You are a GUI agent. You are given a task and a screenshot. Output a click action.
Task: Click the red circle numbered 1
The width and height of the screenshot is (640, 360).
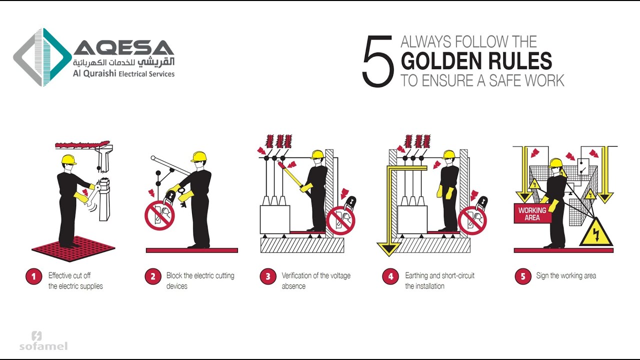tap(34, 277)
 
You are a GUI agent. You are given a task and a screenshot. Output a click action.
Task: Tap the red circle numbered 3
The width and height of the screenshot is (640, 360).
tap(268, 277)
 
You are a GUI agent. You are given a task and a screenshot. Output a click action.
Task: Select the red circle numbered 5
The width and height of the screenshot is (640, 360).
tap(523, 276)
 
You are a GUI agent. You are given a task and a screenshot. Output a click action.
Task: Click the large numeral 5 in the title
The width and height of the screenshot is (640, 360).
tap(378, 61)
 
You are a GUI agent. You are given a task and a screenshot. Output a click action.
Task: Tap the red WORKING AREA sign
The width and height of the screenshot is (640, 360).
tap(532, 214)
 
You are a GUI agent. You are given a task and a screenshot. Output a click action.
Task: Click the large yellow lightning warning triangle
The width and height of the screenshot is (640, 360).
tap(596, 234)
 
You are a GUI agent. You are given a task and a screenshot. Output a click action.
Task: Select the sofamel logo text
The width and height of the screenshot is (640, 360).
tap(43, 346)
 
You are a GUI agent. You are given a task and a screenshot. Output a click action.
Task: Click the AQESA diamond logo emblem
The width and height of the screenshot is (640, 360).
tap(42, 57)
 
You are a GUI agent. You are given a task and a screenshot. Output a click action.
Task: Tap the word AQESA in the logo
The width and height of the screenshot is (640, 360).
tap(124, 48)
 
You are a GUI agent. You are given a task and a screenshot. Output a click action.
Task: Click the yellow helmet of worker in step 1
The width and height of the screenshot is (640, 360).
tap(68, 159)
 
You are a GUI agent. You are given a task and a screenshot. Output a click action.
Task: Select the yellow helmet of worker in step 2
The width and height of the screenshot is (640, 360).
tap(199, 156)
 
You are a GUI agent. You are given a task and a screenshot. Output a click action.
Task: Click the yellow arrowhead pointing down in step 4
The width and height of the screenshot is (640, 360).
tap(389, 248)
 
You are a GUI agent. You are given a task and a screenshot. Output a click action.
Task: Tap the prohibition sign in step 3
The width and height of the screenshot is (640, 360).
tap(340, 220)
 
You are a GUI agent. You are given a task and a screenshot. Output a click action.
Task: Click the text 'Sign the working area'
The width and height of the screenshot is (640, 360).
tap(565, 275)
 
